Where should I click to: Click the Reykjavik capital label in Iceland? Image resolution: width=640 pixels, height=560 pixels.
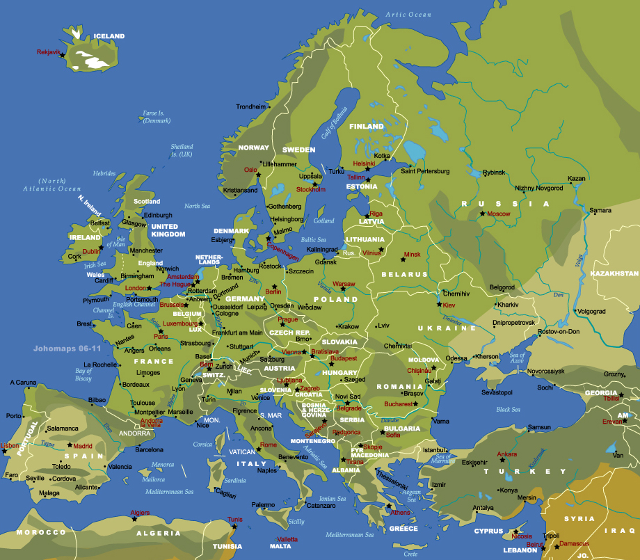pyautogui.click(x=48, y=52)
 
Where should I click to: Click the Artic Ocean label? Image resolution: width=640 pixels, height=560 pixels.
pyautogui.click(x=409, y=15)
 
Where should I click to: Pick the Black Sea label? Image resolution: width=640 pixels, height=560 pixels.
pyautogui.click(x=508, y=409)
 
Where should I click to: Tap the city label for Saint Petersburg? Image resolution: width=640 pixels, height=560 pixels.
pyautogui.click(x=425, y=171)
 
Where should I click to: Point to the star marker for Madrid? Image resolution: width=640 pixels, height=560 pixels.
pyautogui.click(x=70, y=445)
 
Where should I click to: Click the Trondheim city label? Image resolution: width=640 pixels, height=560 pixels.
pyautogui.click(x=251, y=106)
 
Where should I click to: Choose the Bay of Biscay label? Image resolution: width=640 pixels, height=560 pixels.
pyautogui.click(x=83, y=375)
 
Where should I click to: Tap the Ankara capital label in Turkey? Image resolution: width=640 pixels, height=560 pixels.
pyautogui.click(x=506, y=454)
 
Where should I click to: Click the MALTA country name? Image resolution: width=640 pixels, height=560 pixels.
pyautogui.click(x=280, y=546)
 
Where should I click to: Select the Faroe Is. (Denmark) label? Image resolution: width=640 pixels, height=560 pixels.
pyautogui.click(x=157, y=117)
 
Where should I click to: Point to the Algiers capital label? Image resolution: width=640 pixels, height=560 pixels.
pyautogui.click(x=140, y=513)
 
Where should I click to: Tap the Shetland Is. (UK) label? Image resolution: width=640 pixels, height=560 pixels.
pyautogui.click(x=182, y=150)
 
